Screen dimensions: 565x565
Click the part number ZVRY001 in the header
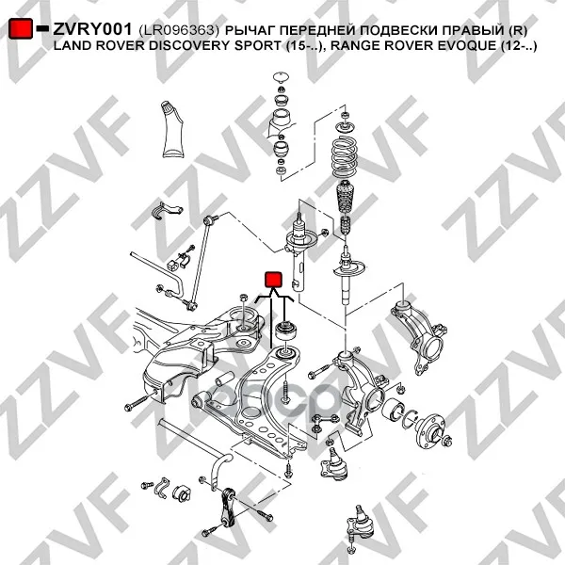[x=92, y=29]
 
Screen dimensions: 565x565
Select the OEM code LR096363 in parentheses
[x=178, y=30]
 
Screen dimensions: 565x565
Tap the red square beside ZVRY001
[x=21, y=28]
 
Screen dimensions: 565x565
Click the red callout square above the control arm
[x=273, y=280]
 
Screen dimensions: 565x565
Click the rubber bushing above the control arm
[x=285, y=331]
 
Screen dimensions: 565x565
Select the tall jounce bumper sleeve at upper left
[x=172, y=130]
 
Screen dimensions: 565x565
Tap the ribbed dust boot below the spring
[x=346, y=197]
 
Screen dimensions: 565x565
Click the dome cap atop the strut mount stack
[x=281, y=77]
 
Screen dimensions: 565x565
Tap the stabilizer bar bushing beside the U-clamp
[x=182, y=492]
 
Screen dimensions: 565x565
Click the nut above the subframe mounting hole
[x=243, y=298]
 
